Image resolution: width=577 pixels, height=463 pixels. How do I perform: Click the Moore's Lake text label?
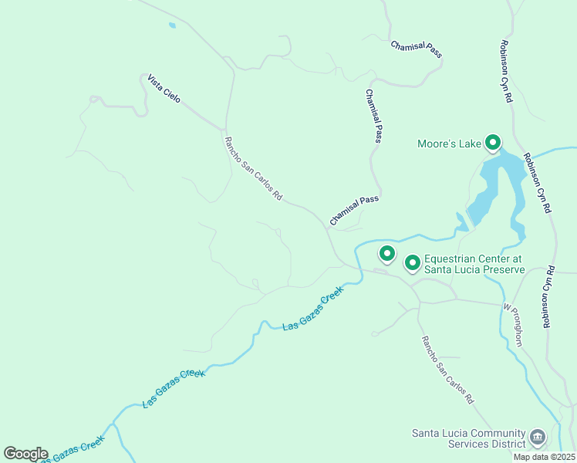pos(448,144)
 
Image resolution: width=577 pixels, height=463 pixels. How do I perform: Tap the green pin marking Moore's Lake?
pos(492,142)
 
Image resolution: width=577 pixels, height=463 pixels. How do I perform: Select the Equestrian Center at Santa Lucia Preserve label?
pos(474,265)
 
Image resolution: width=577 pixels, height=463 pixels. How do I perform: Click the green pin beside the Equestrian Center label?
pos(412,263)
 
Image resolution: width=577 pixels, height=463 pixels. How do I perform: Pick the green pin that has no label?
pos(386,252)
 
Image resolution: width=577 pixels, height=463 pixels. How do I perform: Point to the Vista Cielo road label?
pos(164,90)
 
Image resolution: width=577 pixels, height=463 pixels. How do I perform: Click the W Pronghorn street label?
pos(513,324)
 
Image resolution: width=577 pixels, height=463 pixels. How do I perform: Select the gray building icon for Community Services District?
pos(538,438)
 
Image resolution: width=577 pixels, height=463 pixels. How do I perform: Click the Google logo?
pos(25,454)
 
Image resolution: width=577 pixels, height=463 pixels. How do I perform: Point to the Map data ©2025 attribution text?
pos(544,457)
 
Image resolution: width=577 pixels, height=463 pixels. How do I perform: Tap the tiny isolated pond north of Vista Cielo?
pos(171,25)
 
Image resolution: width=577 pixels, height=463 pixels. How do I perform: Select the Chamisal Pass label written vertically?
pos(373,116)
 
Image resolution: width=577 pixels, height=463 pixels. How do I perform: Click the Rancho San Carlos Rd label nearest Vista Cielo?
pos(252,168)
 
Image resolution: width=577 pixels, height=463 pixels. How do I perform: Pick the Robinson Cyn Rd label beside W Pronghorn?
pos(548,297)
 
